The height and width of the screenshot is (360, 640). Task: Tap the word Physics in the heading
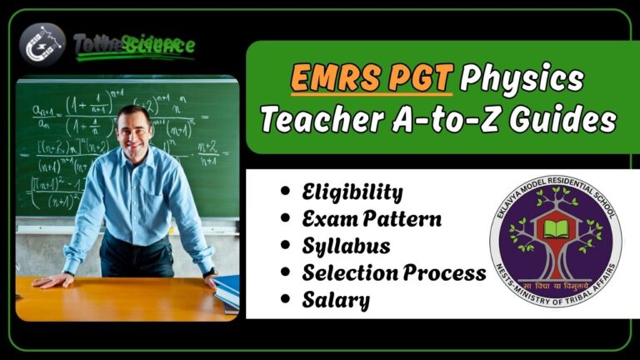pos(522,81)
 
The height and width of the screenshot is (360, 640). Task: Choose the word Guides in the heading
pos(559,122)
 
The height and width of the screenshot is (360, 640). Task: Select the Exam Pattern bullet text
pos(372,220)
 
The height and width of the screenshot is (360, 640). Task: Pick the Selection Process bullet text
pos(394,272)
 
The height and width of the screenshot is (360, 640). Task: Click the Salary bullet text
pos(336,299)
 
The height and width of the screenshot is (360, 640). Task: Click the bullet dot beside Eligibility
pos(286,193)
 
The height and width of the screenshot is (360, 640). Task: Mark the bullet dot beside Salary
pos(286,299)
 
